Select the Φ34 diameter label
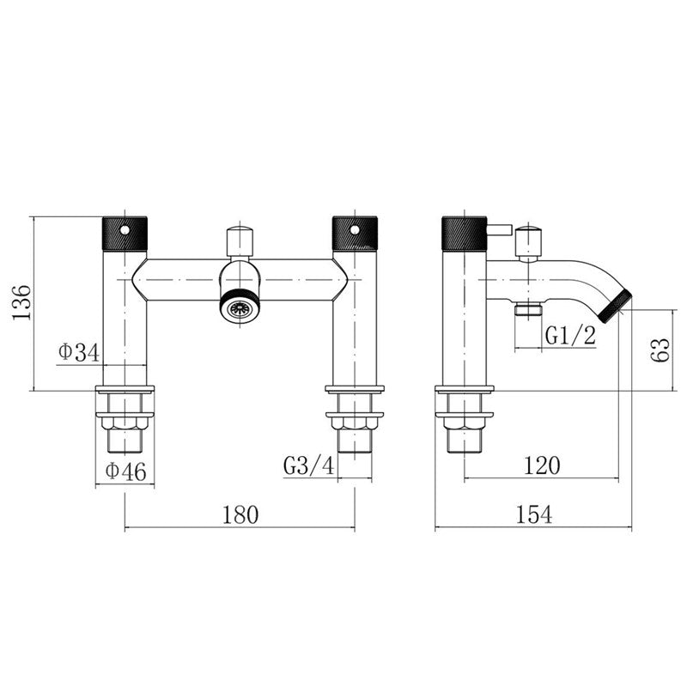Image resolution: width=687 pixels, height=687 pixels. [79, 352]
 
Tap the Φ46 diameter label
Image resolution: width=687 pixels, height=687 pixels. [125, 471]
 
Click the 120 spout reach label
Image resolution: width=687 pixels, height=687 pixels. [542, 465]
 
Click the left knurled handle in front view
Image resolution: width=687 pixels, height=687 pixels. [125, 233]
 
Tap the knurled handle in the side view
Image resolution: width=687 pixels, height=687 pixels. [464, 233]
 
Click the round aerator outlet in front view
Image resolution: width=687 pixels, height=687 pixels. [240, 307]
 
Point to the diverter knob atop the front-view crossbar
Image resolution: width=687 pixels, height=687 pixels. [240, 242]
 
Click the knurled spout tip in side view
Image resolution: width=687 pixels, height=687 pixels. [616, 307]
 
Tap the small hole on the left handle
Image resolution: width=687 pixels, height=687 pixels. [125, 230]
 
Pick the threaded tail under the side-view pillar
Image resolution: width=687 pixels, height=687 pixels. [464, 438]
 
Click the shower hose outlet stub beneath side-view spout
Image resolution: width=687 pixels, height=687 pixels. [526, 311]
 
